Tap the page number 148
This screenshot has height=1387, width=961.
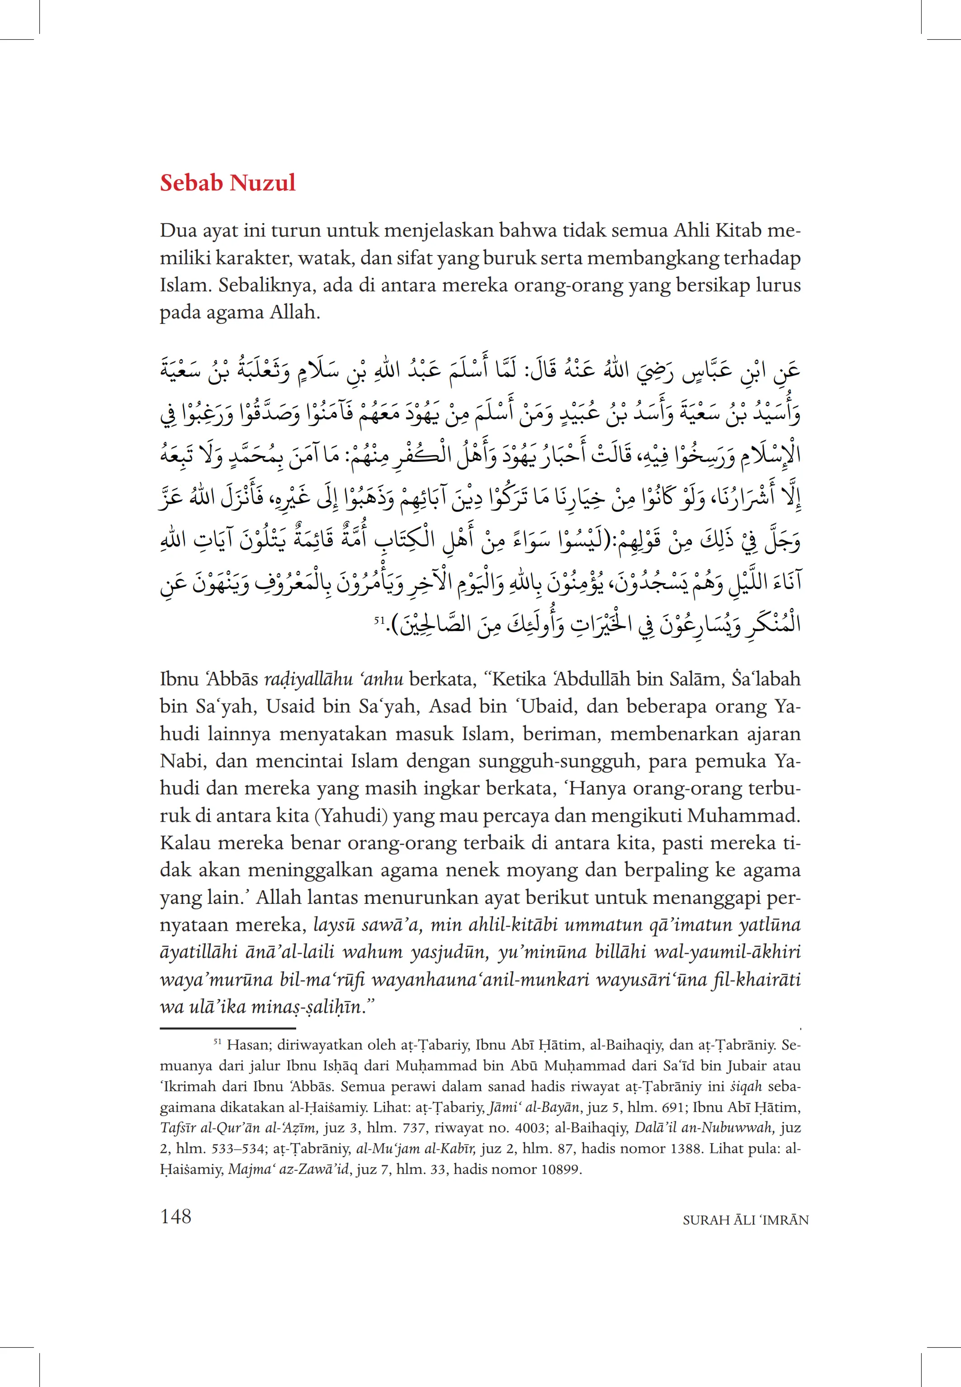click(176, 1216)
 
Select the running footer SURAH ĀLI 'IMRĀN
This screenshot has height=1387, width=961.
click(745, 1220)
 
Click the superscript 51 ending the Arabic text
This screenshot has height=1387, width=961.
click(379, 619)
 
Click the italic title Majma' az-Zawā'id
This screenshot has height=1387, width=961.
click(289, 1169)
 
